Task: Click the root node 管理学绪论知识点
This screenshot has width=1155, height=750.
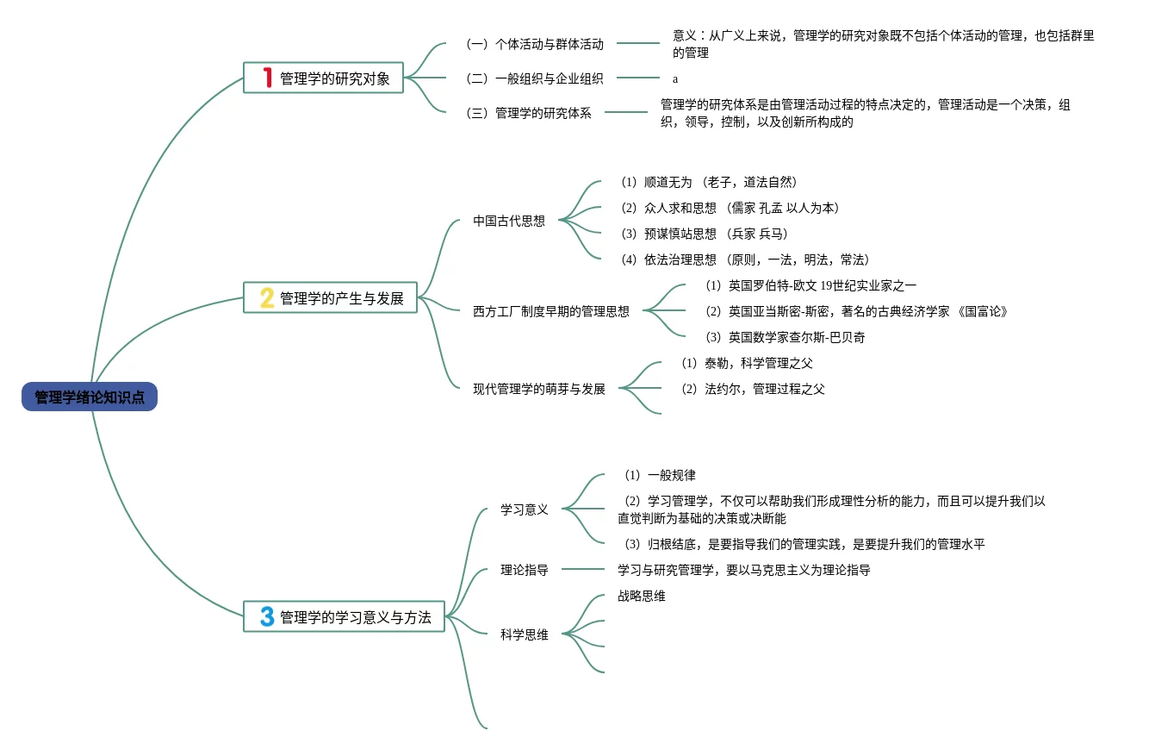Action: coord(90,397)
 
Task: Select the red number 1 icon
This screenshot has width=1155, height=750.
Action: coord(267,78)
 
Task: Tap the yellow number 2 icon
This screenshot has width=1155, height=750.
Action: coord(267,298)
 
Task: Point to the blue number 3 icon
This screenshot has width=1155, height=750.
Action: coord(267,617)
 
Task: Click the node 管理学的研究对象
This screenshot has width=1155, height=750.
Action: coord(335,79)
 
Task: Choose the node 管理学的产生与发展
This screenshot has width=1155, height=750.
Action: coord(342,298)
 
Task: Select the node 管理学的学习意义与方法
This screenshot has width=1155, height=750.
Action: coord(356,617)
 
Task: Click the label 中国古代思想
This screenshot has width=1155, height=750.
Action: coord(509,221)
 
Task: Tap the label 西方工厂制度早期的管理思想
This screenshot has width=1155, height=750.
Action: coord(551,311)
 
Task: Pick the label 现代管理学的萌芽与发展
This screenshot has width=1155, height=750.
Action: coord(539,389)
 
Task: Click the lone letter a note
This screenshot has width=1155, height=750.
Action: coord(675,78)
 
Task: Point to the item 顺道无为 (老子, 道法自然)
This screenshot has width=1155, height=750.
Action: coord(708,182)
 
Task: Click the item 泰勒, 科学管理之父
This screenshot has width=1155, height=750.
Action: coord(747,363)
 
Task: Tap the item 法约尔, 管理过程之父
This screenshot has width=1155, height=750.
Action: coord(753,389)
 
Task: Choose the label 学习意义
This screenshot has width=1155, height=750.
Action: coord(525,509)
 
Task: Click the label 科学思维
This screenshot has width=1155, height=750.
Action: coord(525,635)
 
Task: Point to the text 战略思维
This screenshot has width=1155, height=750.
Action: coord(642,596)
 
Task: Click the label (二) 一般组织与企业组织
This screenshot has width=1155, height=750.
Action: coord(534,78)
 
